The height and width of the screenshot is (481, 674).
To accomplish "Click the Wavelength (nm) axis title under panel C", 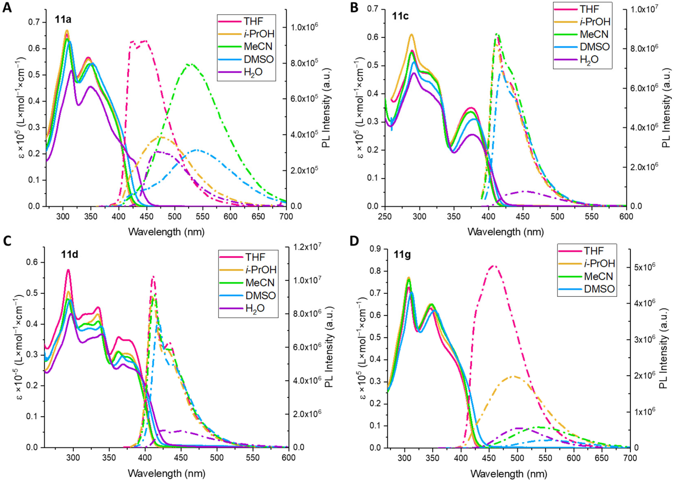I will click(166, 473).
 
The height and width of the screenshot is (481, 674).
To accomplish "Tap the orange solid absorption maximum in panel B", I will click(411, 34).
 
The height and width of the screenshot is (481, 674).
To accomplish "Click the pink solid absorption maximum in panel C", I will click(68, 269).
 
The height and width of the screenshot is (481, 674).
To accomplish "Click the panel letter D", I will click(354, 241).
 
